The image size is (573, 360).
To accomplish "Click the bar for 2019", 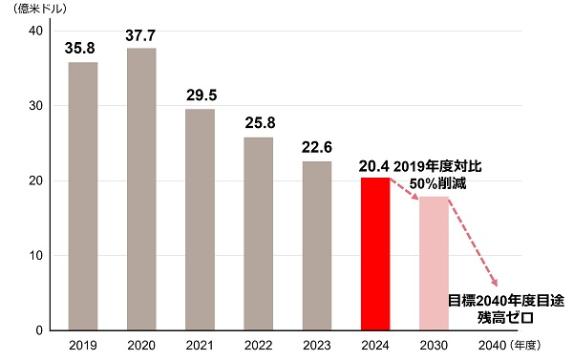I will click(83, 196).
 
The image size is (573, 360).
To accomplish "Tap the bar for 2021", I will click(200, 220).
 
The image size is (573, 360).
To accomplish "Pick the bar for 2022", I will click(258, 234).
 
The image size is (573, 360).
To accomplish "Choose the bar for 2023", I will click(317, 245).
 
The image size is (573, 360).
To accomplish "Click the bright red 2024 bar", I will click(375, 254).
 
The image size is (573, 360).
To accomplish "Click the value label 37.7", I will click(141, 34).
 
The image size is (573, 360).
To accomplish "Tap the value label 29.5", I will click(200, 95).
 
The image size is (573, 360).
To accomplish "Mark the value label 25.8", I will click(258, 123).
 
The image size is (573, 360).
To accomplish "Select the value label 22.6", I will click(317, 147).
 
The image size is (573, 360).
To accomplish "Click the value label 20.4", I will click(375, 166).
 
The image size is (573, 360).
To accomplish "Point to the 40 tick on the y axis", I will click(34, 32).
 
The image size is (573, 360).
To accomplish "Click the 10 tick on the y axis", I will click(34, 256).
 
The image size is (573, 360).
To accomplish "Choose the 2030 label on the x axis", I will click(434, 346).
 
